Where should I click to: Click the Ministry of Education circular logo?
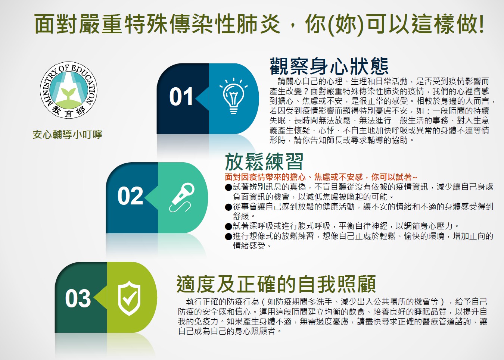[69, 90]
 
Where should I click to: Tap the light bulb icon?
[234, 96]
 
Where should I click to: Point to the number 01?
[181, 97]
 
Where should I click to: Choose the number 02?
[130, 196]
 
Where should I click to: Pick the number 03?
[78, 298]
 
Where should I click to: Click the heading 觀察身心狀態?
[329, 66]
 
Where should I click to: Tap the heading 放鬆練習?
[264, 162]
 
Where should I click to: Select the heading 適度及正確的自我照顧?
[276, 284]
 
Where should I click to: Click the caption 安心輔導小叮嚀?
[67, 134]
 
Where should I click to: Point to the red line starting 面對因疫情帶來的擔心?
[321, 177]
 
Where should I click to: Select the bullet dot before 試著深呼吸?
[228, 226]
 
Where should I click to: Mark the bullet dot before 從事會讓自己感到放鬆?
[228, 207]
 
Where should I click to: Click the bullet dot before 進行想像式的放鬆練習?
[228, 237]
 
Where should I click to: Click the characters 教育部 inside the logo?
[68, 111]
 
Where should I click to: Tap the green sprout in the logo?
[68, 93]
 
